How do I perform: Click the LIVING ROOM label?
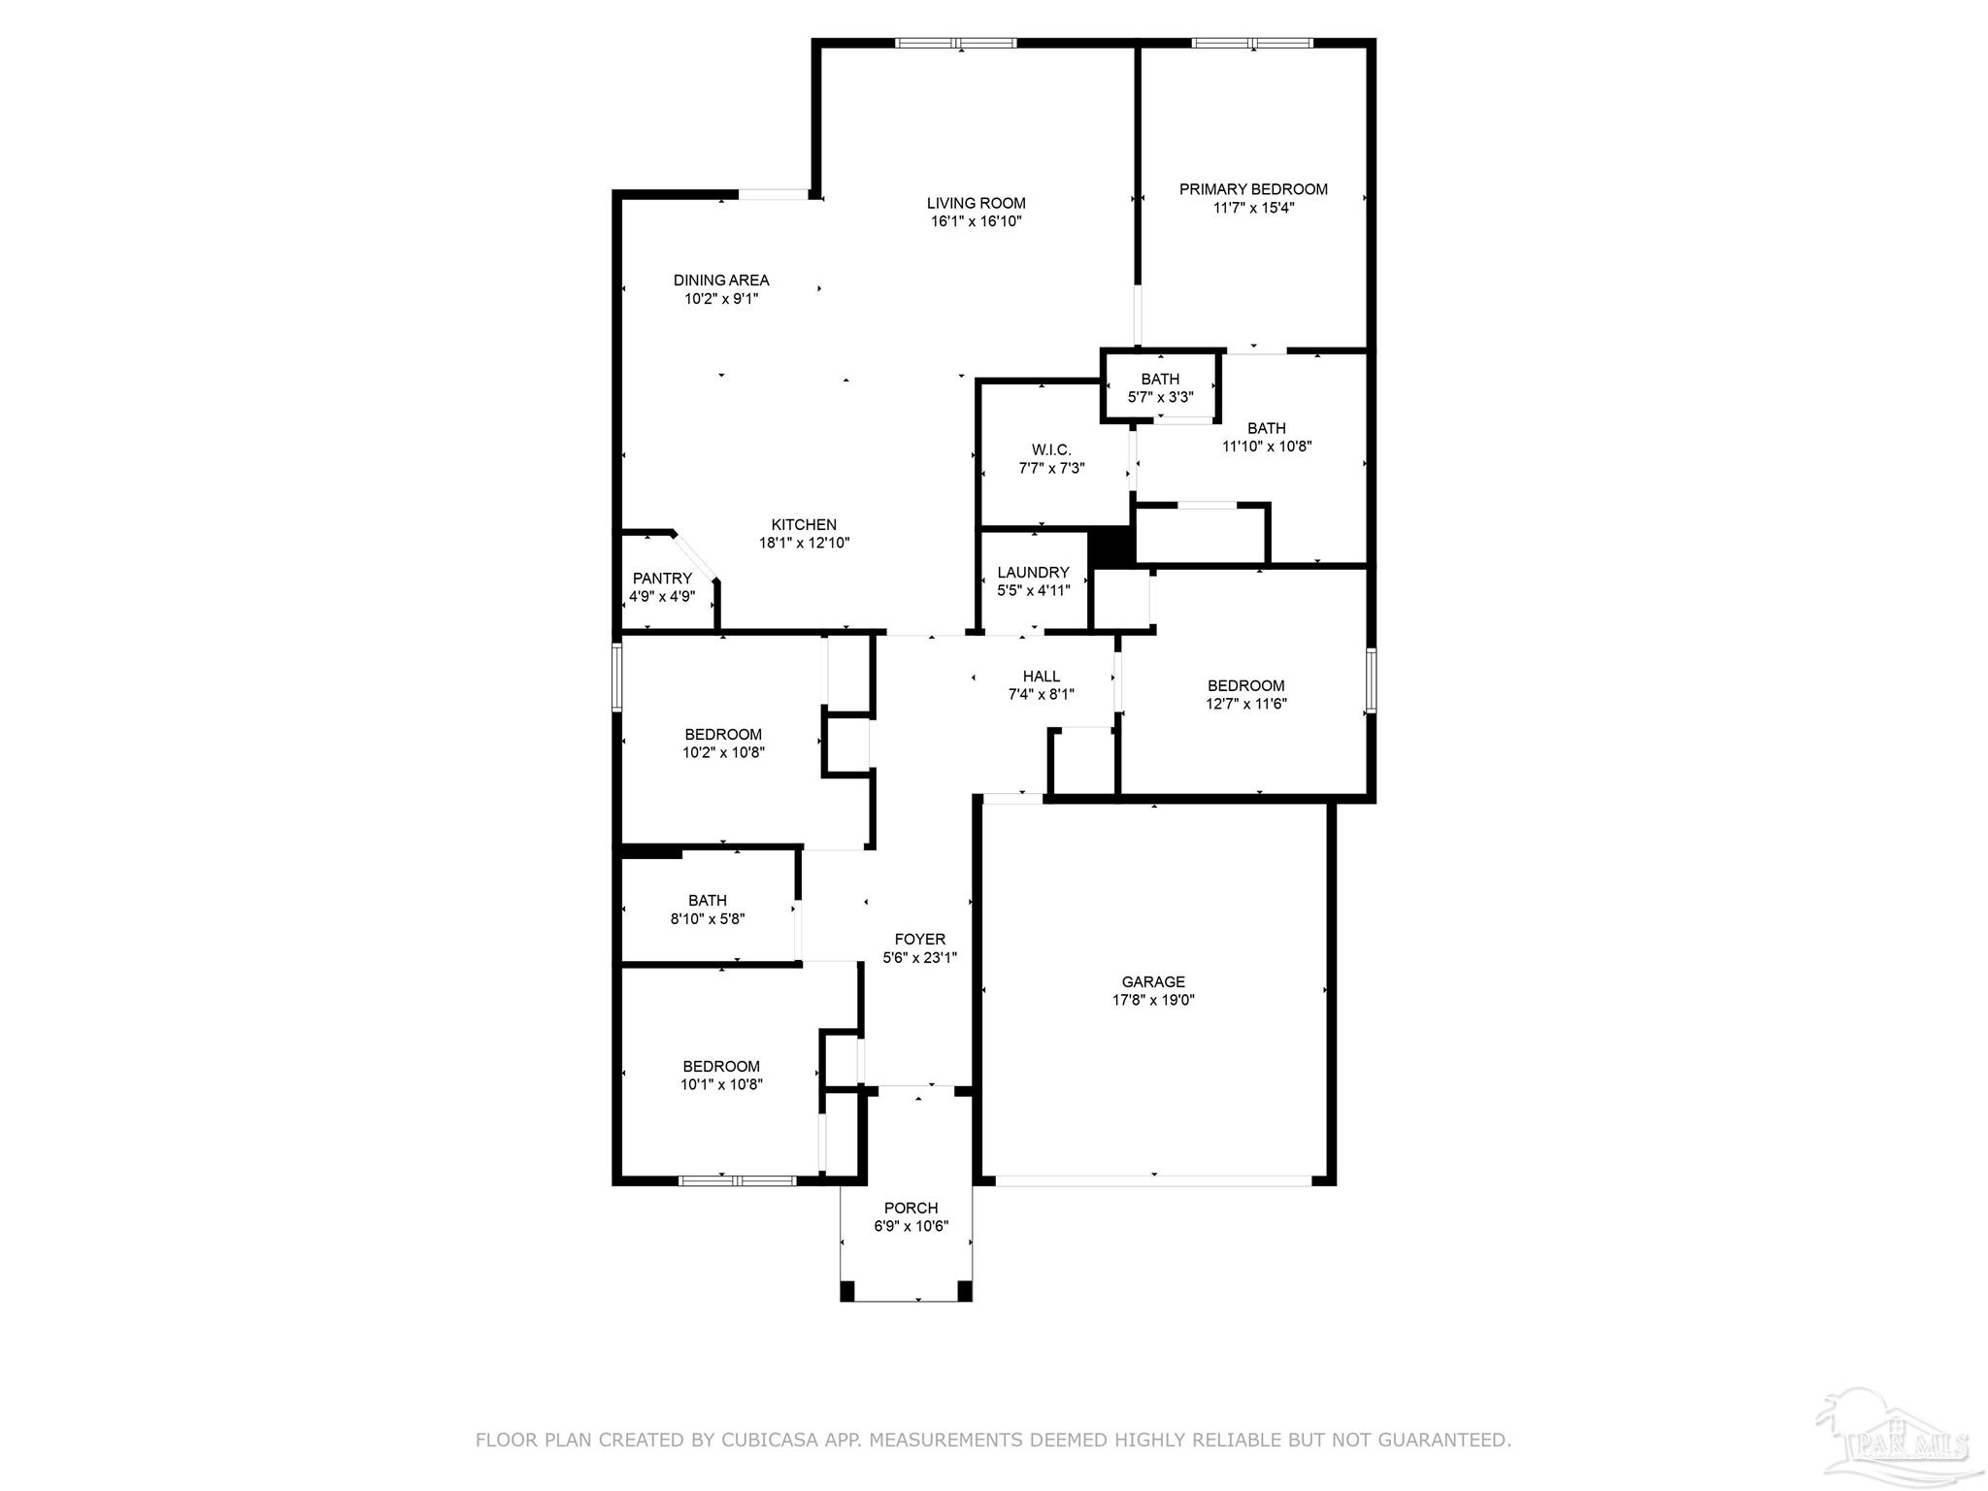[x=976, y=203]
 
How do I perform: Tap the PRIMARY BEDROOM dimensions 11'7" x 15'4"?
[x=1253, y=208]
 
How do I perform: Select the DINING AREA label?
[x=721, y=281]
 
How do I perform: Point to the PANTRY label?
[x=662, y=579]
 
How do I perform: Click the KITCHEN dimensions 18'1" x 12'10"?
[x=804, y=544]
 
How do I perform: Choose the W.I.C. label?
[x=1051, y=450]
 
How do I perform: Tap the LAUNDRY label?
[x=1033, y=573]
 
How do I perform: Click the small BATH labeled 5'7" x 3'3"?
[x=1160, y=380]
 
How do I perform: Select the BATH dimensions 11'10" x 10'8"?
[x=1267, y=447]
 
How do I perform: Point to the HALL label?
[x=1041, y=677]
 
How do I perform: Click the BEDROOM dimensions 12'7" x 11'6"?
[x=1245, y=704]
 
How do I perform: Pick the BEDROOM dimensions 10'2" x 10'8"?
[x=723, y=752]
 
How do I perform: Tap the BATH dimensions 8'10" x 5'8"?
[x=707, y=918]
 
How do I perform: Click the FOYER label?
[x=919, y=940]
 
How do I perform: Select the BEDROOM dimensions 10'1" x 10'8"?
[x=721, y=1084]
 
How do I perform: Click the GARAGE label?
[x=1153, y=982]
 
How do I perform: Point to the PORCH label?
[x=911, y=1209]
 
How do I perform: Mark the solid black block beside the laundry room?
[x=1111, y=547]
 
